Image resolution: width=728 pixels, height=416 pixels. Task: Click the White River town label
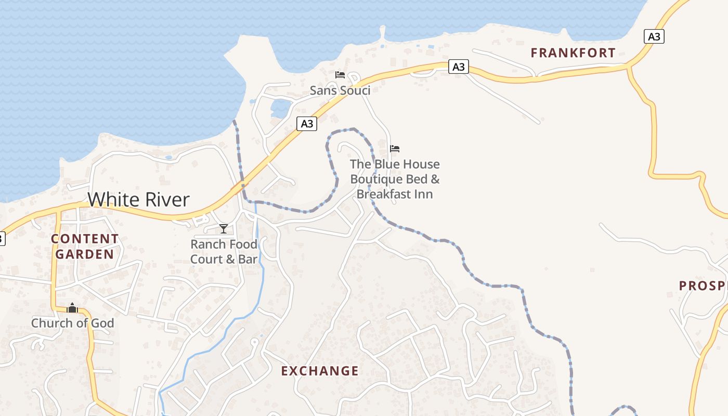tap(138, 200)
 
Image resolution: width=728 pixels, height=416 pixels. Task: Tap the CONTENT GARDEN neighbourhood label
tap(85, 246)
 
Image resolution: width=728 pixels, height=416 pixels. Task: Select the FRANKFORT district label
tap(573, 53)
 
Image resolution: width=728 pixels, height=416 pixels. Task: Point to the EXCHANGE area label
tap(320, 371)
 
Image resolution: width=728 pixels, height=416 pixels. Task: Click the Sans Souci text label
tap(340, 90)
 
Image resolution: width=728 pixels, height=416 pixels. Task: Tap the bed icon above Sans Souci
tap(340, 75)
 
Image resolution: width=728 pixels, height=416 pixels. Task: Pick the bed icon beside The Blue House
tap(395, 149)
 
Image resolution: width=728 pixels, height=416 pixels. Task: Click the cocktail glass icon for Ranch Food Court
tap(224, 229)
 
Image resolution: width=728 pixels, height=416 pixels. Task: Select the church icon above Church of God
tap(72, 308)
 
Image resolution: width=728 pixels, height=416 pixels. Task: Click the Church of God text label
tap(72, 323)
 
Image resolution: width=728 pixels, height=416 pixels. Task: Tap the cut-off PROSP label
tap(702, 285)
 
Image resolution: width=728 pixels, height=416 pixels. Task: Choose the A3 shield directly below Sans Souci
tap(307, 124)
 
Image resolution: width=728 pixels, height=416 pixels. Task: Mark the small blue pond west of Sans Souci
tap(280, 109)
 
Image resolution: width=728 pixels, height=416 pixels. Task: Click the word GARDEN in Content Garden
tap(85, 254)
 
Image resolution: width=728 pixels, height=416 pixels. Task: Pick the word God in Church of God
tap(102, 323)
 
